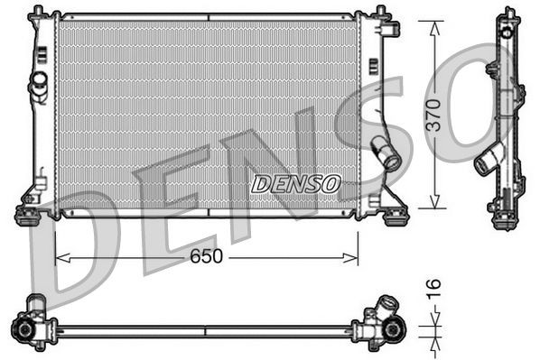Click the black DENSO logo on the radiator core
295,184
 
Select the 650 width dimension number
206,257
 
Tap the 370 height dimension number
435,114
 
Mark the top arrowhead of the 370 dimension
435,23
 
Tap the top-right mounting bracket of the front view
388,27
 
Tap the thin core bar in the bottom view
208,331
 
